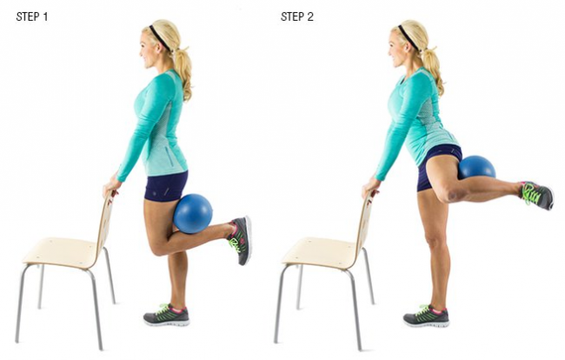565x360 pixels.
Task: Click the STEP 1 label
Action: (x=32, y=17)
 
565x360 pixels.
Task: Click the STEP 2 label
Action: (x=297, y=17)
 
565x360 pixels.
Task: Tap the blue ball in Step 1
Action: (x=193, y=213)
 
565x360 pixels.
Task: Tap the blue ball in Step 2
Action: (x=476, y=167)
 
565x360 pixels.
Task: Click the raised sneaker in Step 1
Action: (x=240, y=239)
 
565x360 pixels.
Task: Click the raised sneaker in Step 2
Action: (x=537, y=195)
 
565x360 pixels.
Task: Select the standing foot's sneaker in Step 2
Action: (x=426, y=316)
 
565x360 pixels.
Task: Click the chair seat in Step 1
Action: (x=59, y=252)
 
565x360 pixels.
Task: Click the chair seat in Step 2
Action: (x=319, y=253)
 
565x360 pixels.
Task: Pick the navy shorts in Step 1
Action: (x=166, y=186)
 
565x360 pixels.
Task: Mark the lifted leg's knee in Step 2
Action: (x=451, y=194)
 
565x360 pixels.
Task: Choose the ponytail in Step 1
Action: (x=183, y=72)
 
